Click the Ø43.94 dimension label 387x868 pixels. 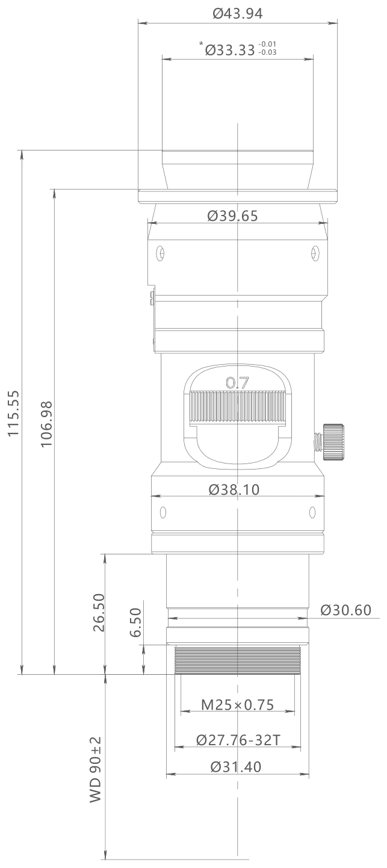[238, 14]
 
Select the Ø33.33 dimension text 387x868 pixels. [230, 50]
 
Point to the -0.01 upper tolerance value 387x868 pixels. [267, 44]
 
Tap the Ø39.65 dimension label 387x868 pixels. [232, 216]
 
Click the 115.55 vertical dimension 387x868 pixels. [14, 413]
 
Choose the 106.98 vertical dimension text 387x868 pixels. [46, 424]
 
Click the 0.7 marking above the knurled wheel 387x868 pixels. [237, 383]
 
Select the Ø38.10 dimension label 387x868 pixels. [234, 489]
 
